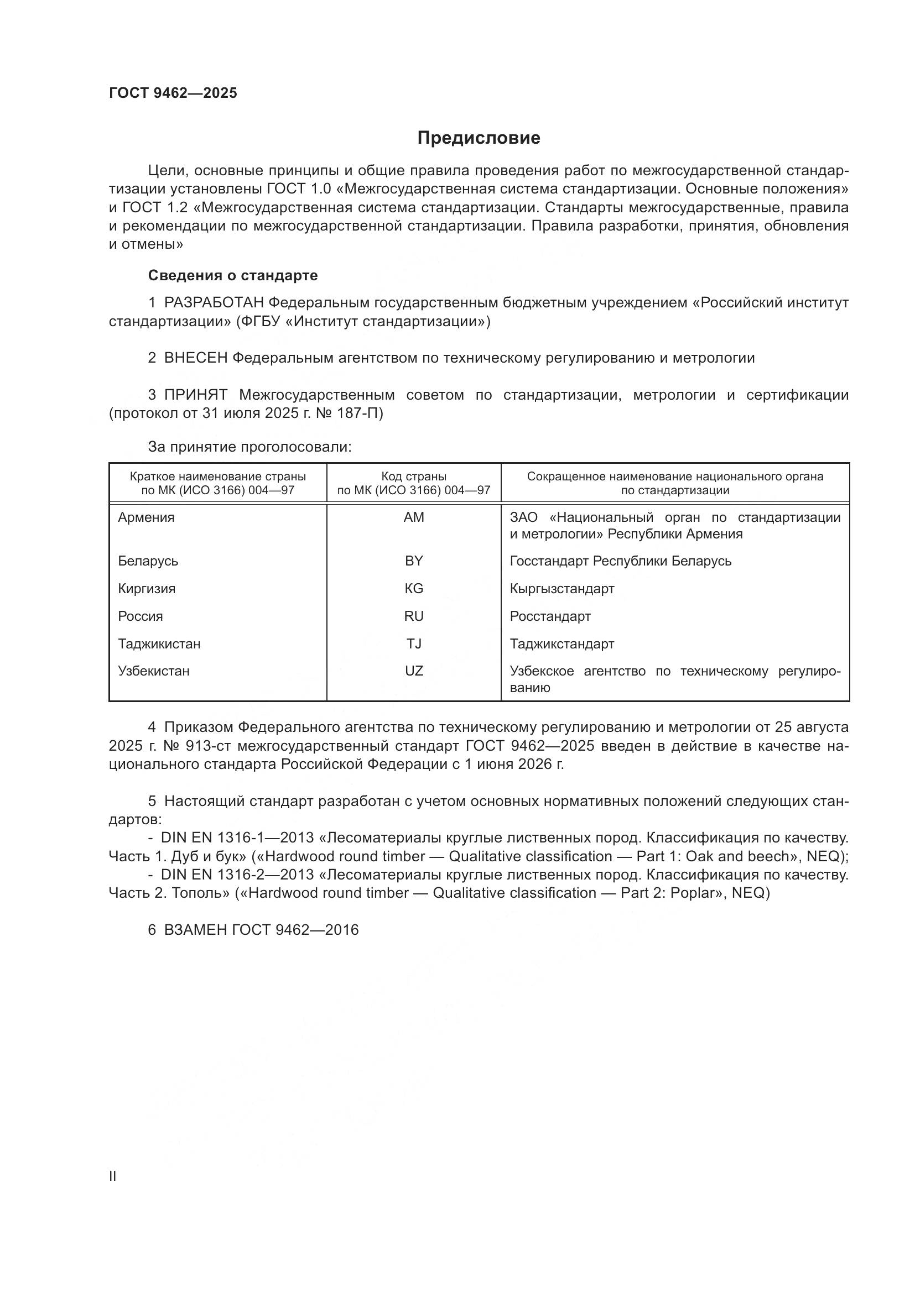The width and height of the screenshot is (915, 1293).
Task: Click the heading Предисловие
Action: (x=479, y=138)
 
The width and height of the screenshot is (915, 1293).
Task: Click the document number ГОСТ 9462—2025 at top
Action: (x=173, y=93)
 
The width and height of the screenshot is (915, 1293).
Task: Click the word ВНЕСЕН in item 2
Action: (x=195, y=358)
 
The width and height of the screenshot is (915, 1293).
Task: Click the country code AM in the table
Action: (x=414, y=517)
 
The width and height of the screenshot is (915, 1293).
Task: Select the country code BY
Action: (x=414, y=561)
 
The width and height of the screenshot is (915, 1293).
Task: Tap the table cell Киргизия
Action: (x=147, y=589)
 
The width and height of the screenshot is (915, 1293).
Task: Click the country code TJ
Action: (x=414, y=643)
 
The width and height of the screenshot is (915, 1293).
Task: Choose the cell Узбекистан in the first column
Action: (x=153, y=671)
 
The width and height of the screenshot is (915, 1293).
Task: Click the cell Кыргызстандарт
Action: (x=562, y=589)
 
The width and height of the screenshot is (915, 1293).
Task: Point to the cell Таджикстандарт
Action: (x=562, y=643)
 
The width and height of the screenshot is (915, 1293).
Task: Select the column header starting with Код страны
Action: (x=414, y=483)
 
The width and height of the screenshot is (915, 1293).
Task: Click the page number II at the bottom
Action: (x=113, y=1176)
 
